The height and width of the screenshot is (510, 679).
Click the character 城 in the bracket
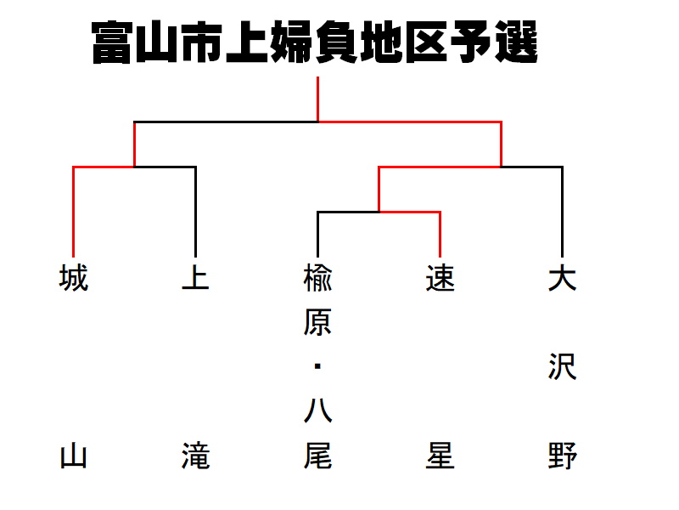click(74, 278)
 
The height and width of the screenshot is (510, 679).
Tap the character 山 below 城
click(74, 456)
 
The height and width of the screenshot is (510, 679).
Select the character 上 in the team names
click(196, 278)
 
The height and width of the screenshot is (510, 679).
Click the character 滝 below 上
click(196, 456)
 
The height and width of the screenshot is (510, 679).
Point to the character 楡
click(317, 278)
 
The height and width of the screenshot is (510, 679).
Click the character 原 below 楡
click(317, 322)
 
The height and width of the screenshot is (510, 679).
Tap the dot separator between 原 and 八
click(317, 366)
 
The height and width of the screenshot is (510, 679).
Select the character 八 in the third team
click(317, 411)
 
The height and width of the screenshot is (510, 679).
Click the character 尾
click(317, 456)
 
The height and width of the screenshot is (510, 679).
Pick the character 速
click(440, 278)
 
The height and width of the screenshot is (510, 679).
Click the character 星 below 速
click(440, 456)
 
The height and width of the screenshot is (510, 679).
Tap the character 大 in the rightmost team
click(562, 278)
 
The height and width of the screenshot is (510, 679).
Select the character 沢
click(562, 366)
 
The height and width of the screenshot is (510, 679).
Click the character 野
click(562, 456)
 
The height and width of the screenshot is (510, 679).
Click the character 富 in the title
click(112, 42)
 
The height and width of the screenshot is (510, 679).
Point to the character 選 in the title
click(516, 42)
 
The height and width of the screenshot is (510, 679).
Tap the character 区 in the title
click(426, 42)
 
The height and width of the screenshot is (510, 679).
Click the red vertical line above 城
click(74, 212)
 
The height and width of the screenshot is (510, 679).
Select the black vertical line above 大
click(562, 212)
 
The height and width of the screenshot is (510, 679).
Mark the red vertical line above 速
click(440, 235)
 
